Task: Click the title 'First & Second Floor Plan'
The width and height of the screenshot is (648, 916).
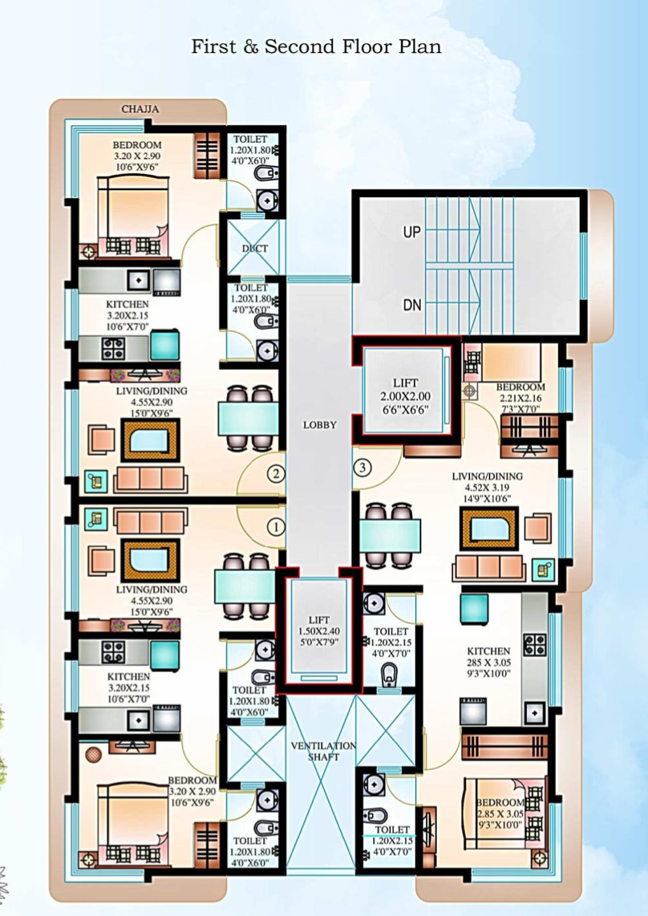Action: (x=316, y=47)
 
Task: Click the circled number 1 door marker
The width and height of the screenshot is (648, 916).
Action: (x=275, y=527)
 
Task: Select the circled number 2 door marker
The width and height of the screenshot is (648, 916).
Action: (x=275, y=473)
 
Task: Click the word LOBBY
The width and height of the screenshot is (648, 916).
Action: (x=320, y=424)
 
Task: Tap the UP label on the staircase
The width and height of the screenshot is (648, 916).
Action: (x=412, y=233)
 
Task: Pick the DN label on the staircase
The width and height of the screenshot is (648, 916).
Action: (x=412, y=305)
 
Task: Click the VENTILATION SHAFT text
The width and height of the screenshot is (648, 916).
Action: (x=323, y=752)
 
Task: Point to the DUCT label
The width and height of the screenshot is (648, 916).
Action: (x=254, y=249)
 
